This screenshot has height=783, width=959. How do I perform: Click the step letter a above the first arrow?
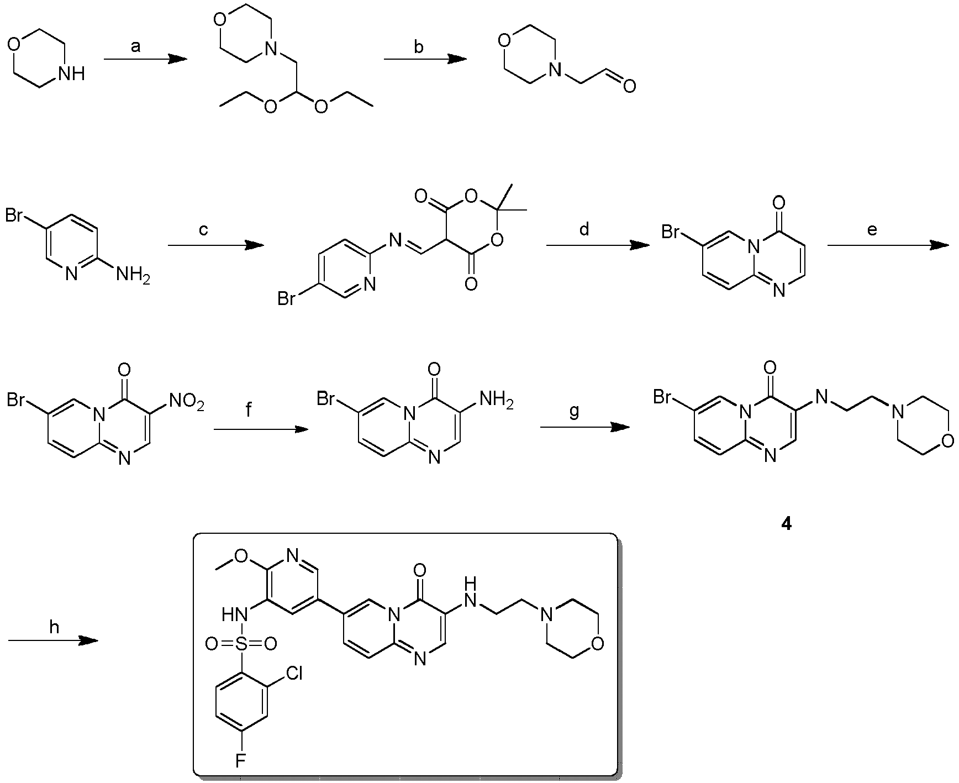pyautogui.click(x=136, y=48)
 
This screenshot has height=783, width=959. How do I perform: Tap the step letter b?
pyautogui.click(x=419, y=47)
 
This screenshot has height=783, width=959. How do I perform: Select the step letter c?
pyautogui.click(x=203, y=229)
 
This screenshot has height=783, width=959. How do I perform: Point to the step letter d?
pyautogui.click(x=585, y=228)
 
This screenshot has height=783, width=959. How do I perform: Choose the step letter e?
pyautogui.click(x=872, y=229)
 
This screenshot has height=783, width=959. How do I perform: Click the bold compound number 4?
pyautogui.click(x=786, y=524)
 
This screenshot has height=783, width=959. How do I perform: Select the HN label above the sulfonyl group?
pyautogui.click(x=233, y=614)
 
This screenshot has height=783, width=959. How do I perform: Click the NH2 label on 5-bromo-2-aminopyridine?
pyautogui.click(x=133, y=274)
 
